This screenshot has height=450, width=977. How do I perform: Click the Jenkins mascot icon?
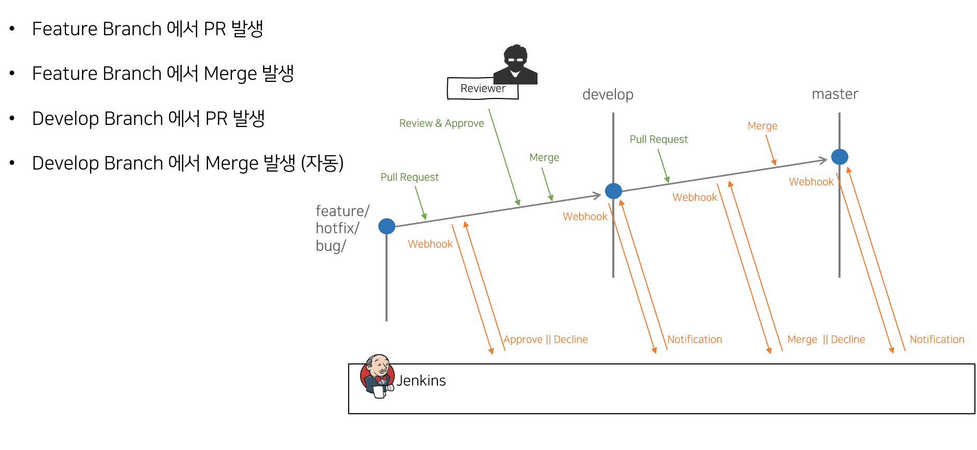pyautogui.click(x=377, y=376)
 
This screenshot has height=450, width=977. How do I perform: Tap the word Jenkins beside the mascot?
pyautogui.click(x=421, y=381)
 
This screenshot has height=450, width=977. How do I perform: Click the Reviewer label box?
pyautogui.click(x=483, y=89)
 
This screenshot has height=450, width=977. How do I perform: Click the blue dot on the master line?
pyautogui.click(x=840, y=157)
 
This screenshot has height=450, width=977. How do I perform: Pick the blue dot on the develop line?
pyautogui.click(x=613, y=191)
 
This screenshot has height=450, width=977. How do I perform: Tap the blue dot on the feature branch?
pyautogui.click(x=387, y=226)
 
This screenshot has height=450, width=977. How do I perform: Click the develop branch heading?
pyautogui.click(x=608, y=94)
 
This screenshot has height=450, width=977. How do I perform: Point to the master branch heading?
pyautogui.click(x=834, y=94)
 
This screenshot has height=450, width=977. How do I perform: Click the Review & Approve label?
pyautogui.click(x=442, y=123)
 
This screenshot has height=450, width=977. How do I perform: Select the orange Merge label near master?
pyautogui.click(x=762, y=126)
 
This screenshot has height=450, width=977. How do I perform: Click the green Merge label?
pyautogui.click(x=544, y=158)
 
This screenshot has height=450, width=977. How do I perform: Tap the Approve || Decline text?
pyautogui.click(x=546, y=340)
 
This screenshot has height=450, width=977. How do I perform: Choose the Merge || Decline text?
pyautogui.click(x=826, y=340)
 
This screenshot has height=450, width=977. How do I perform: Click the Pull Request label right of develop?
pyautogui.click(x=658, y=139)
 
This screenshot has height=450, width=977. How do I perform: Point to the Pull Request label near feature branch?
pyautogui.click(x=409, y=177)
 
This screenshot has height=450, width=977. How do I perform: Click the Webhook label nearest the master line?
pyautogui.click(x=811, y=182)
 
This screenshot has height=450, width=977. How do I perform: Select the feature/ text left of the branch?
pyautogui.click(x=342, y=211)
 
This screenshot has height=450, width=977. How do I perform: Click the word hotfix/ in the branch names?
pyautogui.click(x=337, y=228)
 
